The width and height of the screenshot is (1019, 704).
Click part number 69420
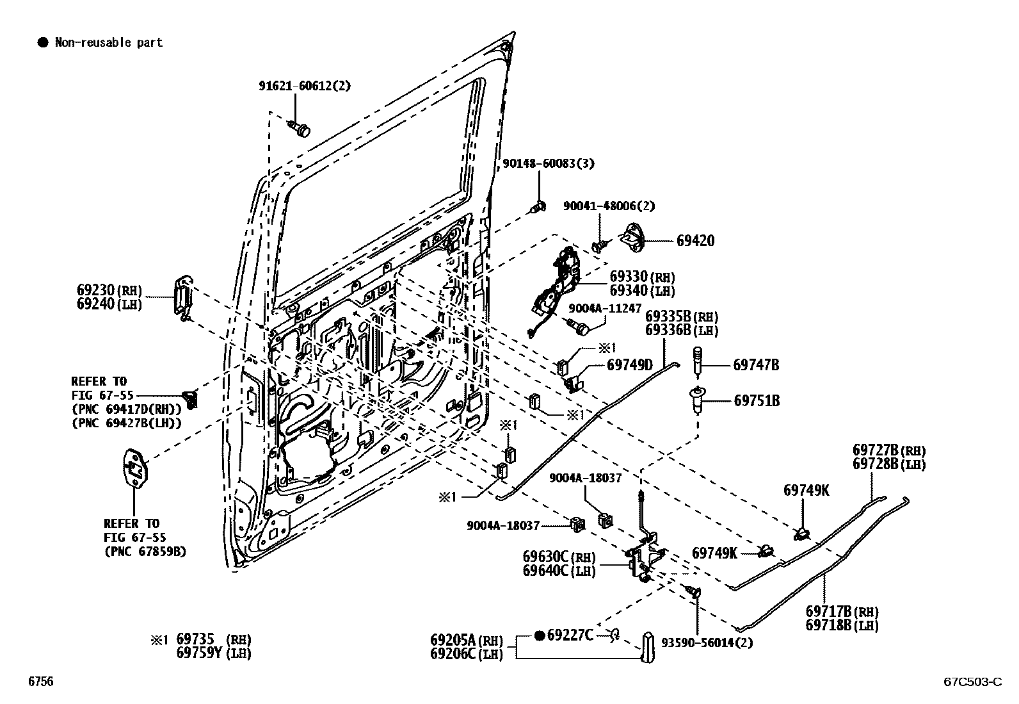695,241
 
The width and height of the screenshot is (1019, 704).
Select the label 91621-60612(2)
305,86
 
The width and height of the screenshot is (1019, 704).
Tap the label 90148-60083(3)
548,163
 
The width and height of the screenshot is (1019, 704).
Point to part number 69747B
756,365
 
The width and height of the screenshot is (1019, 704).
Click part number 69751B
757,401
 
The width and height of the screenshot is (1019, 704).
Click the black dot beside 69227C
539,635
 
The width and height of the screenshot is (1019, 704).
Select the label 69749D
629,365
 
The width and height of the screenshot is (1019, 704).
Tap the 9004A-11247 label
605,308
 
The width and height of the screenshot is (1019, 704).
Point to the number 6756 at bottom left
40,682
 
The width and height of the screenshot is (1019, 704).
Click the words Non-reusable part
108,43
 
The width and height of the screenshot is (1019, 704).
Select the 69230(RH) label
109,290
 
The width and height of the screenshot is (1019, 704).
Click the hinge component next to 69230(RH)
184,297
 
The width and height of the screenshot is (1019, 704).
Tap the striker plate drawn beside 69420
635,238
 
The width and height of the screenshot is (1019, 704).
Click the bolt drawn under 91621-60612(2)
300,129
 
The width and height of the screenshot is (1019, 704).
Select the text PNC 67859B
145,551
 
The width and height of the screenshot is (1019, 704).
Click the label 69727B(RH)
888,451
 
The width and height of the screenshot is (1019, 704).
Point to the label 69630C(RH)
559,557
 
